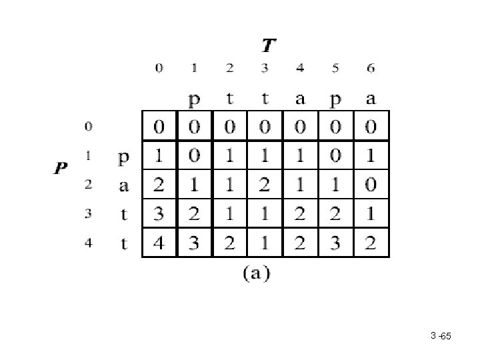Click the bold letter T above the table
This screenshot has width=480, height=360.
(x=269, y=46)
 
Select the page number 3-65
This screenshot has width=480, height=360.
(x=441, y=336)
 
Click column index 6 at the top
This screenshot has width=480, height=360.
(x=371, y=68)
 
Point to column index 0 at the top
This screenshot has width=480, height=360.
(x=159, y=68)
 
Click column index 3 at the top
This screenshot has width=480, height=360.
(x=265, y=68)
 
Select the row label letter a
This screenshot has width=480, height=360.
(x=123, y=186)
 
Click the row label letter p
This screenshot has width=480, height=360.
(x=123, y=159)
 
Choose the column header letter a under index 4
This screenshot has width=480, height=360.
(x=300, y=99)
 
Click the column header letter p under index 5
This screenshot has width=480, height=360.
(x=336, y=100)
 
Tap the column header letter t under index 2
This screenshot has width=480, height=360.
(x=230, y=99)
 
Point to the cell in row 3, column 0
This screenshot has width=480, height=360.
(x=159, y=213)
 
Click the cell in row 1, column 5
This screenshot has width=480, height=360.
(x=336, y=156)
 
